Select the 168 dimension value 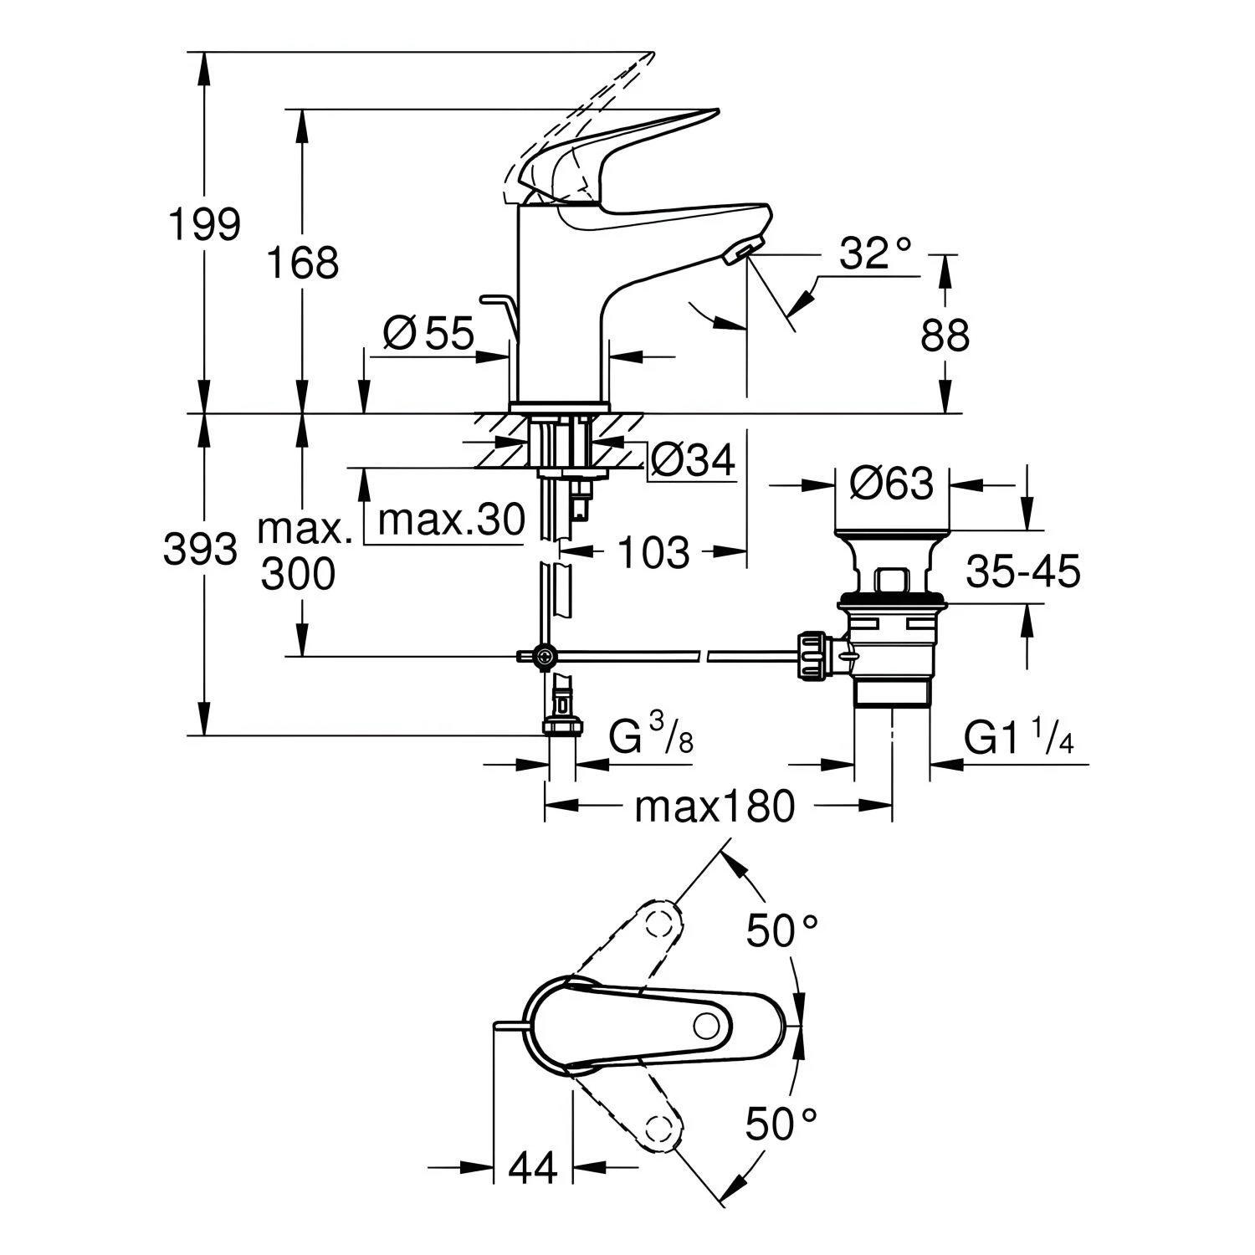coord(302,263)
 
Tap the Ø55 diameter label coord(429,334)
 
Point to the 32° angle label coord(875,253)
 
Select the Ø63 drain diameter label coord(891,484)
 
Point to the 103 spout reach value coord(653,552)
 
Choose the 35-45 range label coord(1023,572)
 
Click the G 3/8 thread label coord(651,736)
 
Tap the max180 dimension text coord(715,807)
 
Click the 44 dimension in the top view coord(533,1167)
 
